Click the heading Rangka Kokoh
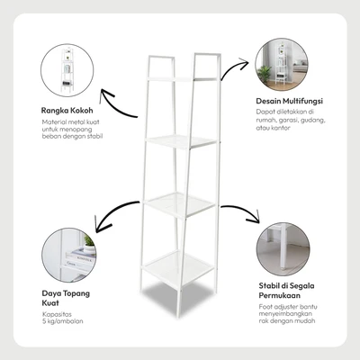[x=67, y=111]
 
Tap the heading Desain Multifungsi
[x=289, y=101]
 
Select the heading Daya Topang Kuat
[x=66, y=298]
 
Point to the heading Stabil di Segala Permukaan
[x=286, y=291]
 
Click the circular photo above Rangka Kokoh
[x=67, y=70]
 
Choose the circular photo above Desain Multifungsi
[x=282, y=65]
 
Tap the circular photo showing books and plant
[x=69, y=255]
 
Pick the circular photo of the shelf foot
[x=283, y=249]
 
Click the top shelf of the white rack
[x=182, y=79]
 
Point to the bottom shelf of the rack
[x=178, y=267]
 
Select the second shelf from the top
[x=181, y=141]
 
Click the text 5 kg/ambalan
[x=62, y=321]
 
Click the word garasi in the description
[x=282, y=121]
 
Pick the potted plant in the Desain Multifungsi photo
[x=265, y=74]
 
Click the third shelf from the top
[x=179, y=204]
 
